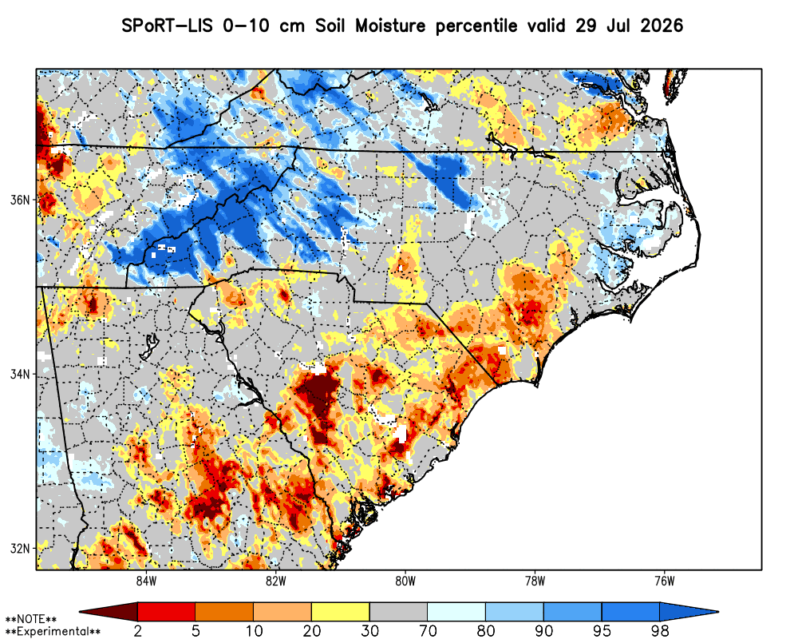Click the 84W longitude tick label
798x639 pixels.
[146, 581]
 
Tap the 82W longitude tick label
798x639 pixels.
[276, 581]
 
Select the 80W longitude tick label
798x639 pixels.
[405, 581]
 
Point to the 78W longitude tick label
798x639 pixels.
[535, 581]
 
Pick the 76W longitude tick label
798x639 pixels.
[665, 581]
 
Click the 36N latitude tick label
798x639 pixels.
[20, 200]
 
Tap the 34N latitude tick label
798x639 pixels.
[20, 375]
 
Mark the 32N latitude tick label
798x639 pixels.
[20, 549]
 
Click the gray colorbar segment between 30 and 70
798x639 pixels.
[398, 611]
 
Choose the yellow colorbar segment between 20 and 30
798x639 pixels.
[341, 611]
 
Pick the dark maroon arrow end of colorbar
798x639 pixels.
[109, 611]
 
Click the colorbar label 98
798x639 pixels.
[660, 631]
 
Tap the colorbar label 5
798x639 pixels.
[196, 631]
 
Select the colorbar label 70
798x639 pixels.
[428, 631]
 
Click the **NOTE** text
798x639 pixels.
[30, 620]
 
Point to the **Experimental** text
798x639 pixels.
[53, 632]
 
